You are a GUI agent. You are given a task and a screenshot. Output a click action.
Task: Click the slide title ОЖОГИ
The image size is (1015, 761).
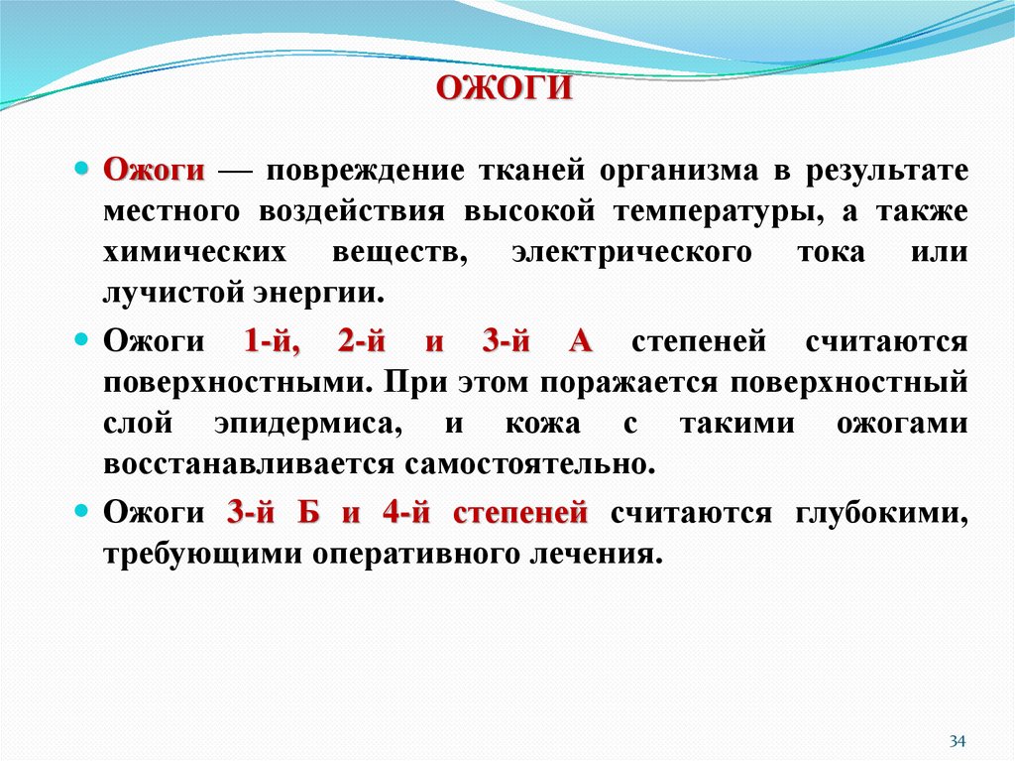506,89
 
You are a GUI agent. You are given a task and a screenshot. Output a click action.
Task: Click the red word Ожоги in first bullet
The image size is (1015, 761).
155,170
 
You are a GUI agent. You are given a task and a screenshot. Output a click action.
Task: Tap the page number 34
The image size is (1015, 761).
957,741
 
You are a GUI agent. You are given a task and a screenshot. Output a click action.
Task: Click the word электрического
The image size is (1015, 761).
631,253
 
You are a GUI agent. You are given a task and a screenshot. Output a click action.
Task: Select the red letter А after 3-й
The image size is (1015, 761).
581,342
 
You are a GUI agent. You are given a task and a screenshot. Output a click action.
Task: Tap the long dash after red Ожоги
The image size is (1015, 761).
235,171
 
